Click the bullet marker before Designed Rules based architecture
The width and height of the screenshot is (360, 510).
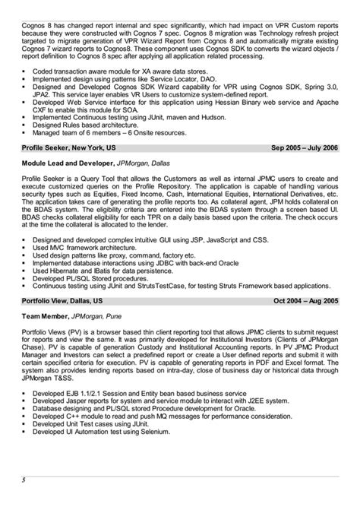[24, 124]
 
